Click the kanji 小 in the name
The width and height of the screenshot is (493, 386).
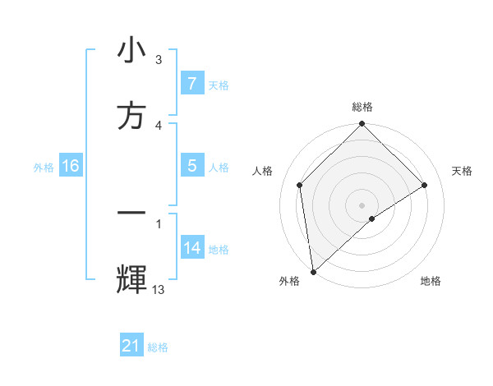coord(131,52)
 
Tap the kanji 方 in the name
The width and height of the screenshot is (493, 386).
coord(131,116)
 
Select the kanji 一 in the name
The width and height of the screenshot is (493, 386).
coord(131,212)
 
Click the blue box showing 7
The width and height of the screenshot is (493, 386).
coord(191,84)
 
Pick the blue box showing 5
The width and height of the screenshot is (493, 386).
coord(191,166)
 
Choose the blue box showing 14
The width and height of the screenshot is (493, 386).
coord(191,248)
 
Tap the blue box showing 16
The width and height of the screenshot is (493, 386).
coord(70,166)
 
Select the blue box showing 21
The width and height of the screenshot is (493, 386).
coord(131,346)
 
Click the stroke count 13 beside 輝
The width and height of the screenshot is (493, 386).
coord(159,289)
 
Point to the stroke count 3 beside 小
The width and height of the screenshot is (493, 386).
coord(159,60)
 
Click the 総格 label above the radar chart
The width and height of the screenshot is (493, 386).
coord(362,108)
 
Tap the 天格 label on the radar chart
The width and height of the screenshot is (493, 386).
coord(463,171)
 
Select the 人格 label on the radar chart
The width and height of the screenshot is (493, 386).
coord(263,171)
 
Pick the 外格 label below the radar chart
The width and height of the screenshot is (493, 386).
coord(288,281)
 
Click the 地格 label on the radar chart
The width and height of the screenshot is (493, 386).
coord(431,281)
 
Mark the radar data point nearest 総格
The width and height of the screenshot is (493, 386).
coord(362,125)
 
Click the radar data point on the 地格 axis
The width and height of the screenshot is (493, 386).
coord(372,218)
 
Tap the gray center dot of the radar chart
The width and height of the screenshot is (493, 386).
coord(362,204)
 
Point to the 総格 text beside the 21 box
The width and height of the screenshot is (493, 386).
coord(158,347)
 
